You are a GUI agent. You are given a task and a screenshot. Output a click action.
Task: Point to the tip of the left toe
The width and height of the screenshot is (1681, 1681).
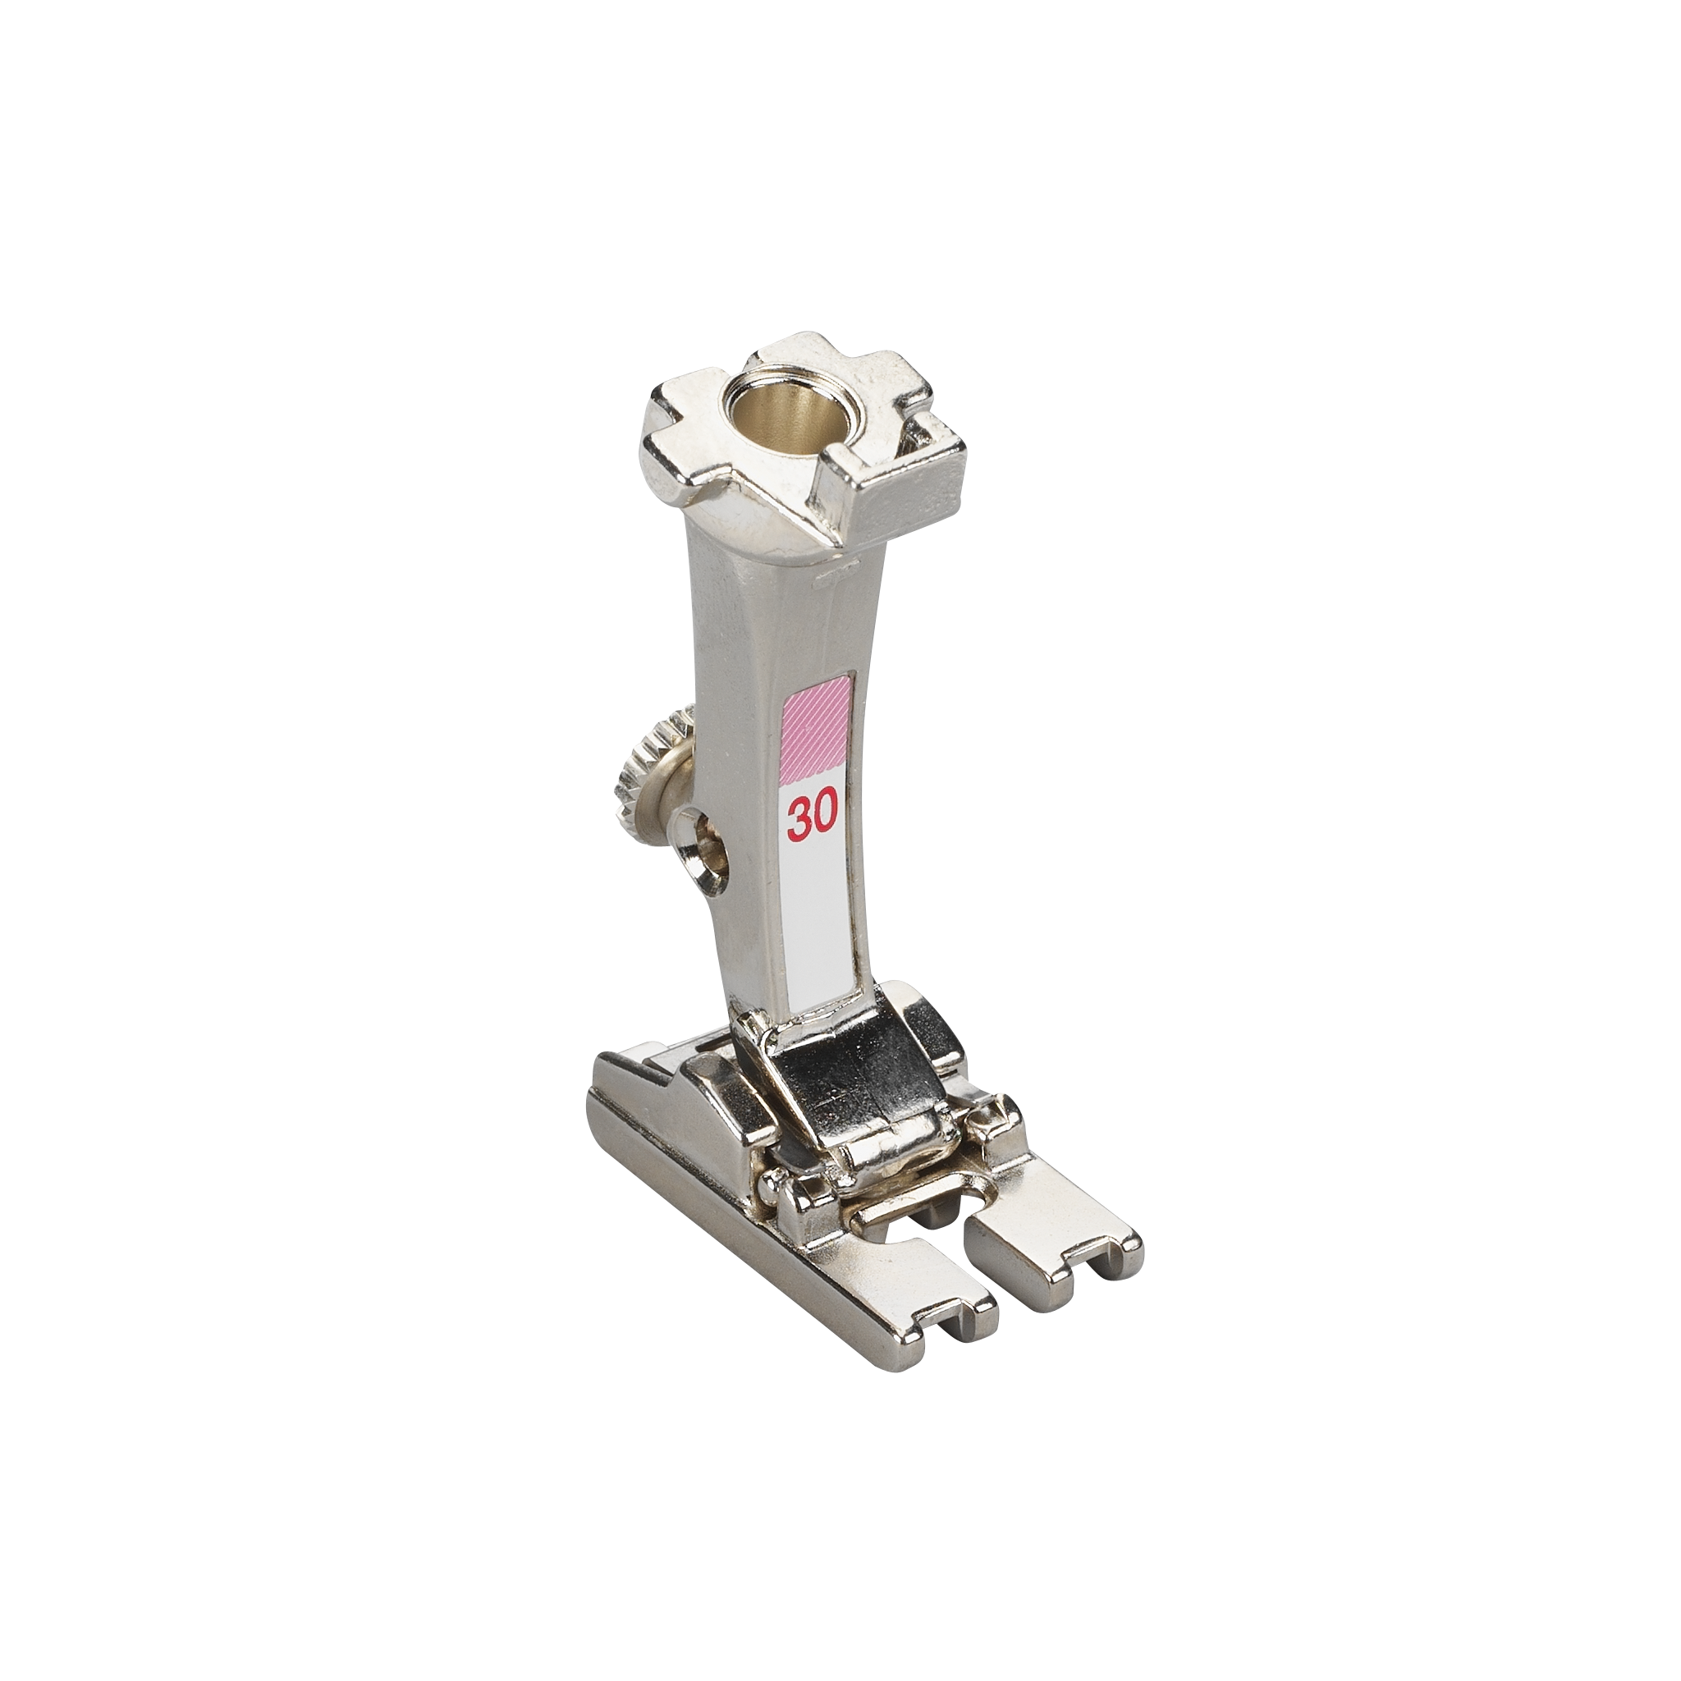958,1323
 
